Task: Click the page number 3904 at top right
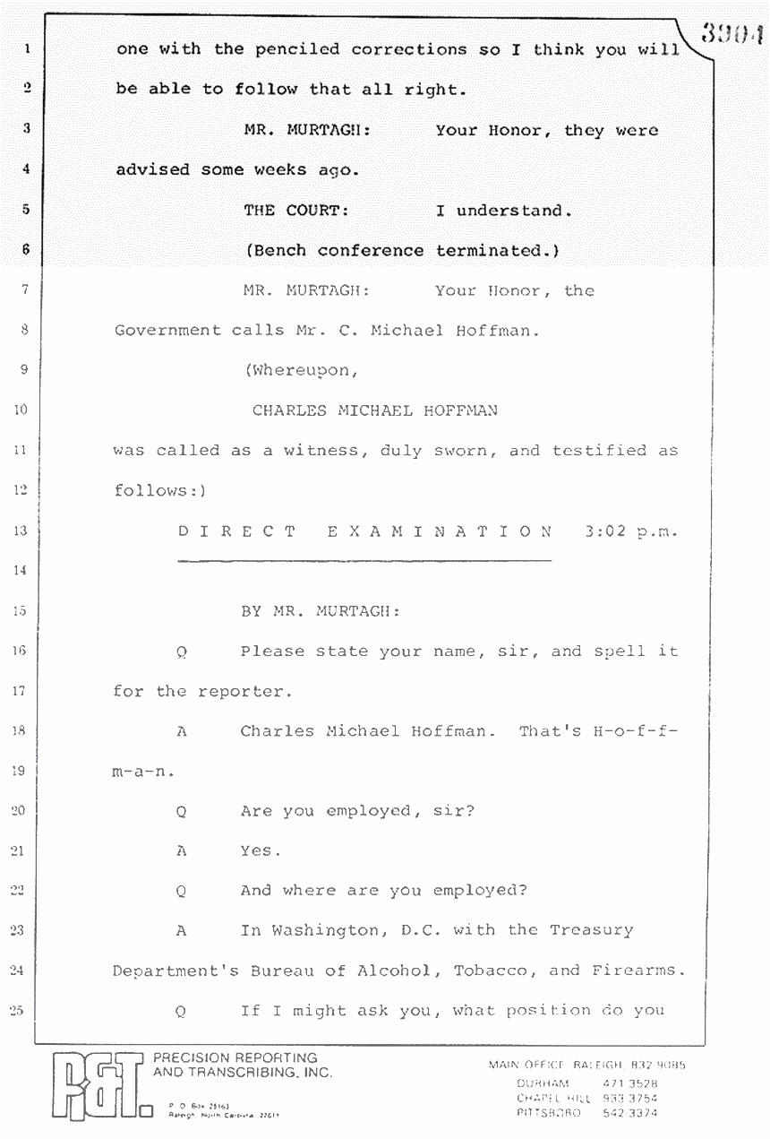[731, 35]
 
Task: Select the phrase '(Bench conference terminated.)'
[402, 251]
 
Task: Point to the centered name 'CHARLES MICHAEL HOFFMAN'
[374, 411]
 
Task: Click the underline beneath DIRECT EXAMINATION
[364, 561]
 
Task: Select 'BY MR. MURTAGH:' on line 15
[320, 611]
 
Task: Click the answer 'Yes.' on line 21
[261, 851]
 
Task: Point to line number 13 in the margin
[21, 531]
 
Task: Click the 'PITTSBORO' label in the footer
[548, 1113]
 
